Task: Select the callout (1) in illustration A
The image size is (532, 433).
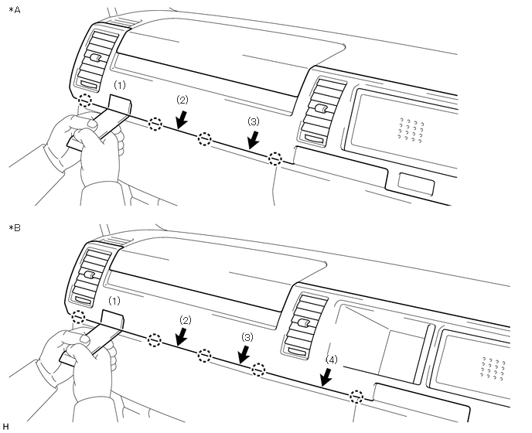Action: (x=119, y=83)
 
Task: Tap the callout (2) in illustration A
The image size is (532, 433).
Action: (x=182, y=101)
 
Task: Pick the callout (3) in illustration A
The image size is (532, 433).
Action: (x=254, y=121)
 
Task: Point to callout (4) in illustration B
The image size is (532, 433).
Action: (x=331, y=360)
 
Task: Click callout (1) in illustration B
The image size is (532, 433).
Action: (x=114, y=300)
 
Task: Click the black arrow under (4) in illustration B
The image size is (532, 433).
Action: (x=327, y=377)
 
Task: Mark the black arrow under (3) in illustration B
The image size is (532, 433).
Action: (x=244, y=354)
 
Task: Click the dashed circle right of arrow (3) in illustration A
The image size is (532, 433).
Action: (x=275, y=159)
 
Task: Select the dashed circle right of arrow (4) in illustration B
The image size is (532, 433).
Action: (x=356, y=397)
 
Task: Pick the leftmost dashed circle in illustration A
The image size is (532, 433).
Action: (x=86, y=100)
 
